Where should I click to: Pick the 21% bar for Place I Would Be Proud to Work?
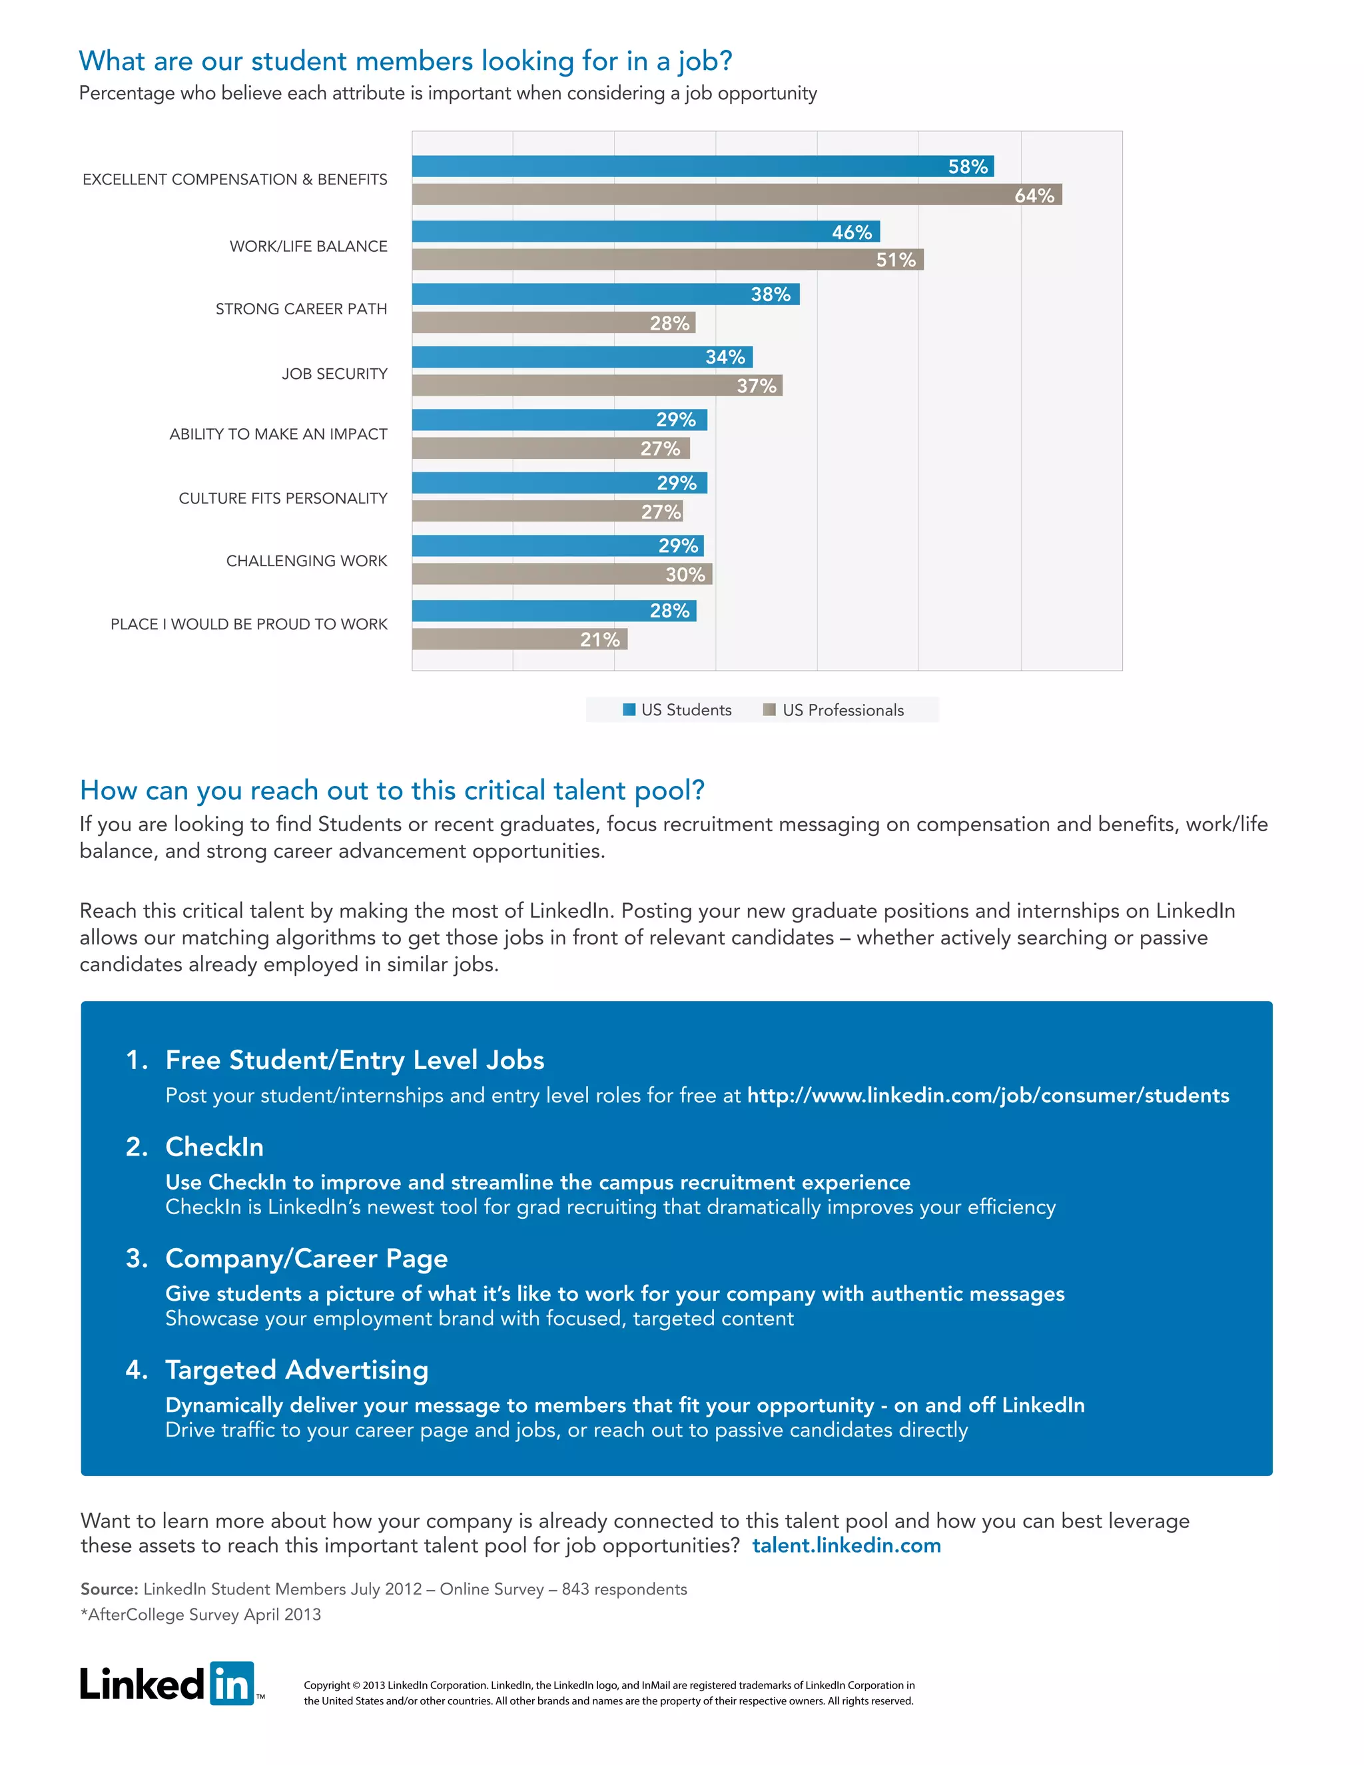coord(519,639)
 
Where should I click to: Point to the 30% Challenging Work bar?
coord(561,575)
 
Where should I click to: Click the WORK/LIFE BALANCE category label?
coord(308,246)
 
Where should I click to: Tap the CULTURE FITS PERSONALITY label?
coord(283,498)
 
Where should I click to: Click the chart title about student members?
coord(406,61)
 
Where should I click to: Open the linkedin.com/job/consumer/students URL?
coord(988,1095)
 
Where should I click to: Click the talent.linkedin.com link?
coord(846,1545)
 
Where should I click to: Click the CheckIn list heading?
coord(214,1146)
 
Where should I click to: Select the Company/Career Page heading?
coord(306,1257)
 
